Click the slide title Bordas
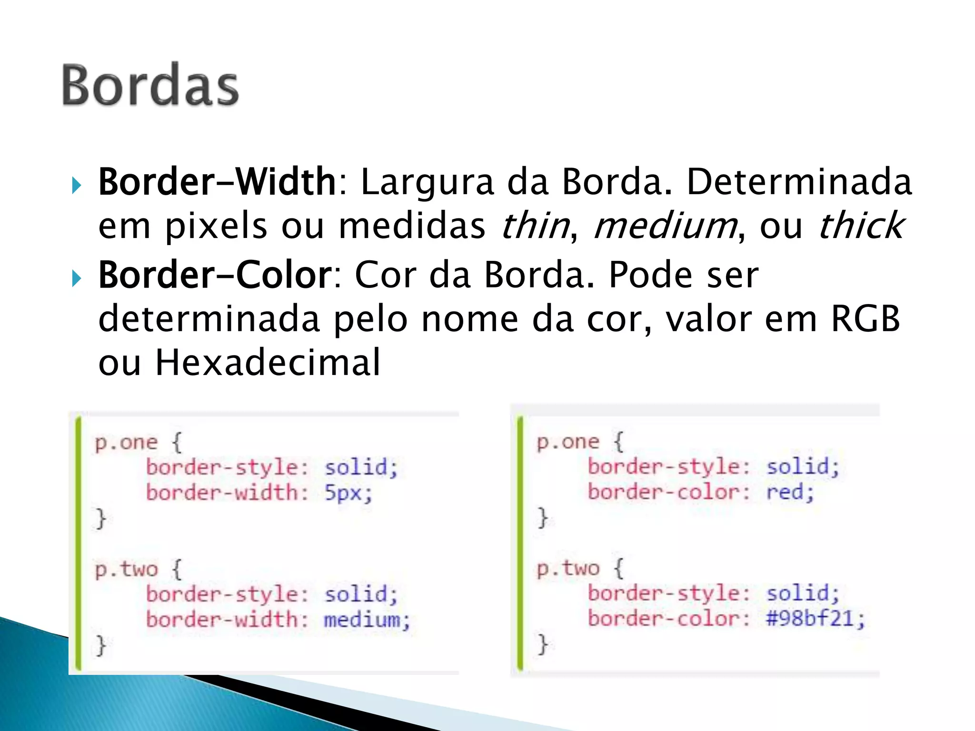tap(150, 86)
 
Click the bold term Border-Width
tap(217, 182)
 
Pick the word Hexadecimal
tap(268, 363)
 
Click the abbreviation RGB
tap(865, 319)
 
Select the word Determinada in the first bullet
tap(799, 182)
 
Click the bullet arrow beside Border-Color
tap(76, 278)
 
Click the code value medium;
tap(367, 620)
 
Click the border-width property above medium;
tap(227, 620)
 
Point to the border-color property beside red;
tap(668, 492)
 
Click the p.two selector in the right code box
tap(567, 569)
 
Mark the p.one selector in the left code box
tap(126, 443)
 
